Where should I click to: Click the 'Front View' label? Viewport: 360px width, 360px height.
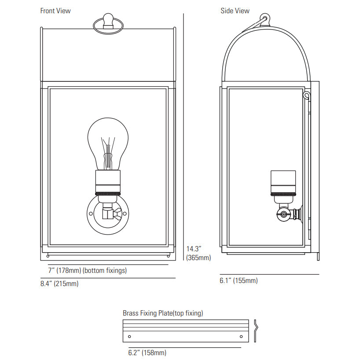click(55, 11)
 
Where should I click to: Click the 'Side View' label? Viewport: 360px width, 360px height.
click(235, 11)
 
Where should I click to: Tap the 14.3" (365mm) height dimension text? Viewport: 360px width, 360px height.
click(198, 253)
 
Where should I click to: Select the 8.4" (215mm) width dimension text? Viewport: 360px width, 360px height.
click(59, 283)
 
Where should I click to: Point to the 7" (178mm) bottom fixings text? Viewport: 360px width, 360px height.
click(87, 271)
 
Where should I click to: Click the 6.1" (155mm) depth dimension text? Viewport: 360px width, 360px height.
click(239, 280)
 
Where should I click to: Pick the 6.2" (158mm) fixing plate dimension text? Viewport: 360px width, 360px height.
click(147, 353)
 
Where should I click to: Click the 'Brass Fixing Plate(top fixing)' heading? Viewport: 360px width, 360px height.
click(163, 313)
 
